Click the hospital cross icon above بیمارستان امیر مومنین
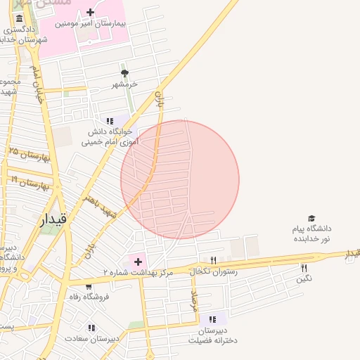click(x=90, y=12)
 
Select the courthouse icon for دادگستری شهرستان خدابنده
click(x=18, y=18)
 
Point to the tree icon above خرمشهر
click(x=125, y=73)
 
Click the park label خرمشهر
click(x=124, y=84)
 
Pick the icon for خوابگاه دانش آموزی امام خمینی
click(x=110, y=121)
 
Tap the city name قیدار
click(x=53, y=219)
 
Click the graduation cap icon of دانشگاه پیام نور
click(x=311, y=219)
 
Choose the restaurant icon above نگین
click(x=304, y=267)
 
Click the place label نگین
click(x=304, y=278)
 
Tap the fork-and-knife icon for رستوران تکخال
click(x=213, y=260)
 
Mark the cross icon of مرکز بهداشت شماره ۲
click(x=138, y=262)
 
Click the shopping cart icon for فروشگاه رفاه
click(x=89, y=287)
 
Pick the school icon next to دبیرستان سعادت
click(x=91, y=328)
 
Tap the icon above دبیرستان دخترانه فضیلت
click(x=213, y=319)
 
